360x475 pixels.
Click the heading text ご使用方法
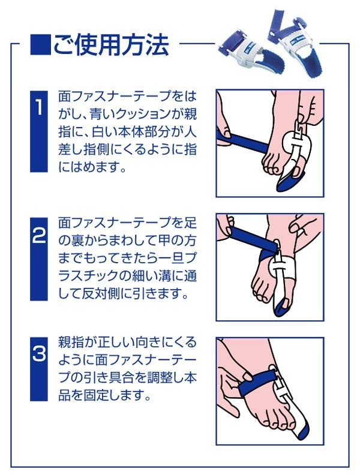click(x=111, y=44)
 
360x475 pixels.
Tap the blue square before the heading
click(x=40, y=45)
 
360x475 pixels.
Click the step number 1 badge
click(x=39, y=131)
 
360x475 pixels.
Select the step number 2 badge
click(x=39, y=258)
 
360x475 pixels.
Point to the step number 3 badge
click(x=39, y=369)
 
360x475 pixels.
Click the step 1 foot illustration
click(x=270, y=143)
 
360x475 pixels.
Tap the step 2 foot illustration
click(x=270, y=267)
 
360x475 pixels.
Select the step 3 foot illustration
click(x=270, y=391)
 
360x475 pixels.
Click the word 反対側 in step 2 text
click(x=101, y=293)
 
